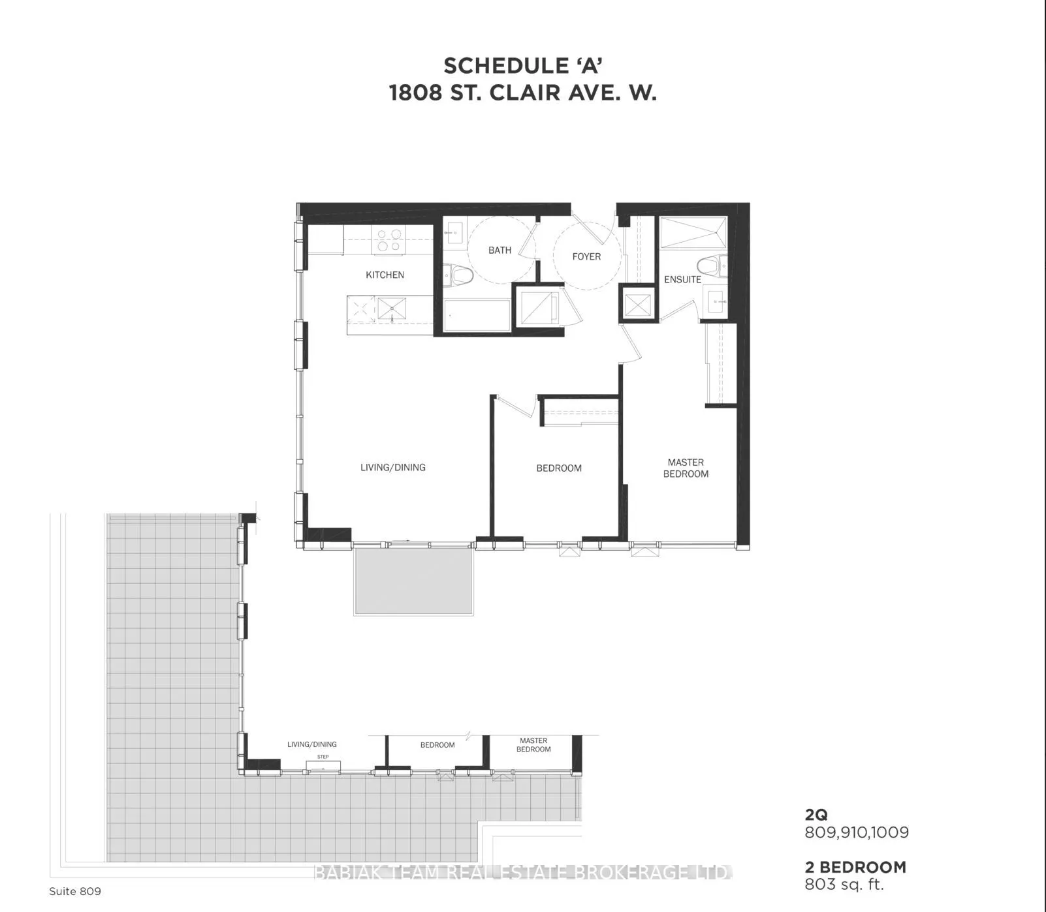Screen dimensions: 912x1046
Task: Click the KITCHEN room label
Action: click(385, 275)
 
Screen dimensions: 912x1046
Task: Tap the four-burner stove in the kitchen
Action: click(389, 240)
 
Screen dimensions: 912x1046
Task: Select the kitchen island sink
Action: click(390, 308)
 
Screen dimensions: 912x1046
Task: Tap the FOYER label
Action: click(586, 256)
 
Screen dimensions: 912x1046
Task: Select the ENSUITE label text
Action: click(682, 279)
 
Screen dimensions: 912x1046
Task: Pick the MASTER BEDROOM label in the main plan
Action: click(686, 468)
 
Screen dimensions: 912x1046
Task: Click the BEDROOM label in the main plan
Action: click(559, 468)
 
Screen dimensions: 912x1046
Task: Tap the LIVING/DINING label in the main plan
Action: click(393, 467)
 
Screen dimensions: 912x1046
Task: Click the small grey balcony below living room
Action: click(414, 581)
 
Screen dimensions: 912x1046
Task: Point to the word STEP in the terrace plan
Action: click(323, 757)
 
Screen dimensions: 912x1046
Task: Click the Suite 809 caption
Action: click(75, 891)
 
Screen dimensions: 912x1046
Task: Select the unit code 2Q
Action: click(816, 814)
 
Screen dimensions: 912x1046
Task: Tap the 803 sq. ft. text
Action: click(844, 885)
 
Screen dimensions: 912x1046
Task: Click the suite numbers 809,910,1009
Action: click(857, 832)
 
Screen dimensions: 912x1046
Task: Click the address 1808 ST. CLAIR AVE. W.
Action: click(523, 93)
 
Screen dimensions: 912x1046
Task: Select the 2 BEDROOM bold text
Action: click(855, 867)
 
